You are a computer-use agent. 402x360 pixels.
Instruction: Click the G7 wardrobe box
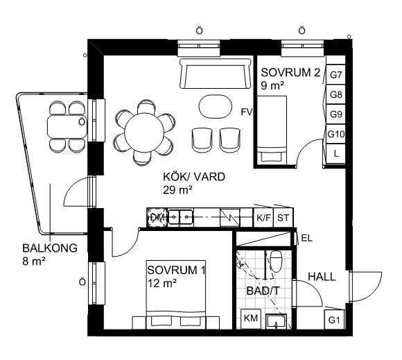click(x=335, y=74)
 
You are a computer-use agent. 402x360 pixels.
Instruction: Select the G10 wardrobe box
click(x=335, y=134)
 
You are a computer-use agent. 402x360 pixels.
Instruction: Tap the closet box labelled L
click(x=336, y=153)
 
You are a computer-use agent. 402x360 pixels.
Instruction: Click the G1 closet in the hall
click(x=334, y=320)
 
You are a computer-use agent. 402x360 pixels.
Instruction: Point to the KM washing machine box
click(x=250, y=318)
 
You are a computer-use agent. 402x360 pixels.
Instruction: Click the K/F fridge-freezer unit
click(x=263, y=218)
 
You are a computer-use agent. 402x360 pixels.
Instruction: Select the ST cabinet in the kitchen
click(x=283, y=218)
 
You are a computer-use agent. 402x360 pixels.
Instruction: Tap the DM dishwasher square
click(x=157, y=218)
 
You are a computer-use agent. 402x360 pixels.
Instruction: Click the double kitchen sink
click(x=180, y=217)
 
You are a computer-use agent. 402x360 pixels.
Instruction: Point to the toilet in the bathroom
click(x=276, y=262)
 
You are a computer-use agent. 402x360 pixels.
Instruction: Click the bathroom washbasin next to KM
click(x=276, y=321)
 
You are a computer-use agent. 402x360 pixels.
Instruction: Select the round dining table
click(x=144, y=132)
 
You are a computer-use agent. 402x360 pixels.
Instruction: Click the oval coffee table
click(x=216, y=107)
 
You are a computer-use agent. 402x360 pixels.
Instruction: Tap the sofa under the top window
click(x=215, y=74)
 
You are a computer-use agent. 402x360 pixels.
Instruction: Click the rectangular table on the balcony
click(x=67, y=127)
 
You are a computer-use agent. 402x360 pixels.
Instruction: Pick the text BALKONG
click(x=50, y=248)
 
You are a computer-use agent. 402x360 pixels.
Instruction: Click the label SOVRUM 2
click(x=290, y=73)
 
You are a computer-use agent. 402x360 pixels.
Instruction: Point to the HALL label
click(x=322, y=277)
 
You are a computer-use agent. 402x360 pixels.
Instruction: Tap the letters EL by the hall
click(x=306, y=239)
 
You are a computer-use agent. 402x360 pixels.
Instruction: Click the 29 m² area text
click(x=177, y=190)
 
